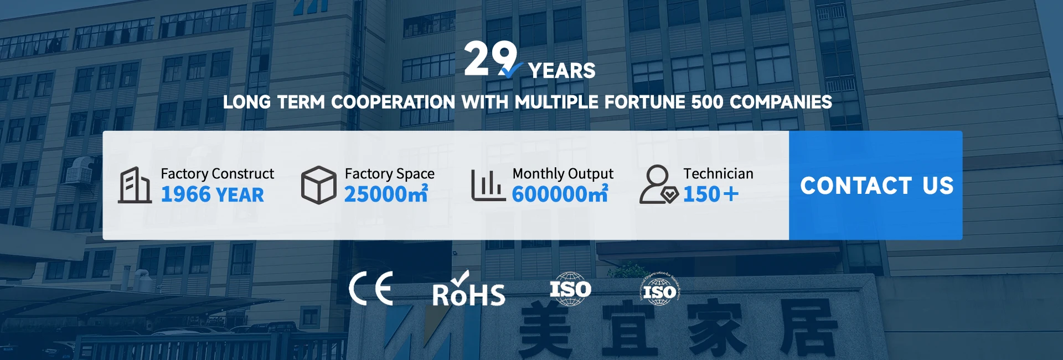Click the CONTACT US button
tap(875, 186)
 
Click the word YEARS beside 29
tap(561, 71)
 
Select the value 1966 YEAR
tap(212, 194)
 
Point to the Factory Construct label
tap(217, 174)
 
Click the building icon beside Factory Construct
tap(135, 185)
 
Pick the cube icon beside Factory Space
tap(318, 185)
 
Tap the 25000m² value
tap(386, 194)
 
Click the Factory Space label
tap(389, 174)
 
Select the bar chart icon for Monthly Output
tap(488, 185)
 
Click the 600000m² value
tap(560, 194)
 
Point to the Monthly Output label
tap(563, 174)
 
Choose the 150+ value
tap(711, 194)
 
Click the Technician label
tap(718, 174)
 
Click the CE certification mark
tap(371, 289)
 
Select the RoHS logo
tap(468, 289)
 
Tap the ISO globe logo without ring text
tap(570, 289)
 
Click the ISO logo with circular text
tap(659, 289)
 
